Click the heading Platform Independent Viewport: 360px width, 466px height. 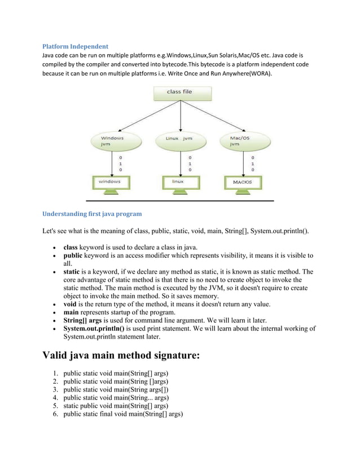[x=76, y=46]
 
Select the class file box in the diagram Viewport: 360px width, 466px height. [x=179, y=92]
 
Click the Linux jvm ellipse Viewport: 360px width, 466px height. [x=179, y=141]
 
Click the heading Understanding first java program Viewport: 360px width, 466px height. [x=92, y=214]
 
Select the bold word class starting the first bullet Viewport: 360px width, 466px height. [x=70, y=247]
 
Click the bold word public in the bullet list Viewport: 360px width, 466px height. [x=72, y=256]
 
